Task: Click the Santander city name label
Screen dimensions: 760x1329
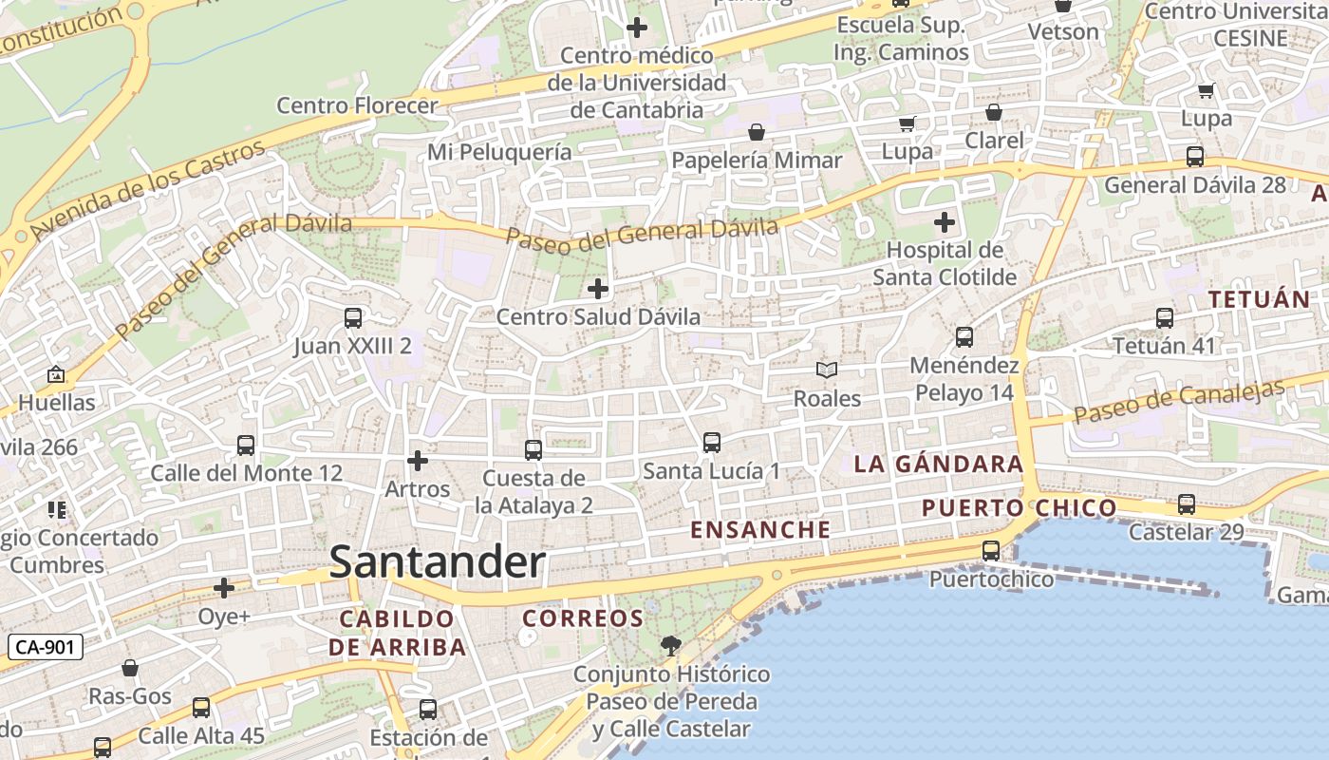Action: tap(438, 562)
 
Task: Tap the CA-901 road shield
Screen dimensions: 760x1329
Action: tap(47, 648)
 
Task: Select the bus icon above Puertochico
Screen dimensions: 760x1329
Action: tap(991, 551)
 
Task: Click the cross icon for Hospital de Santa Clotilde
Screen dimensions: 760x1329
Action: tap(945, 223)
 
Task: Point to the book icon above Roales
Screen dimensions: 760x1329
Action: tap(827, 370)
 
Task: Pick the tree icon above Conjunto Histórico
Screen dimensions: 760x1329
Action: tap(671, 647)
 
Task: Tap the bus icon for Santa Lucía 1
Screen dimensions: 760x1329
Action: tap(712, 443)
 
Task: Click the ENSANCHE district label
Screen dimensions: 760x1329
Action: tap(761, 529)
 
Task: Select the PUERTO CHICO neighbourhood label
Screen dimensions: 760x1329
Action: tap(1020, 508)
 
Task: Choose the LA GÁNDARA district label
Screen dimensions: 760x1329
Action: tap(938, 465)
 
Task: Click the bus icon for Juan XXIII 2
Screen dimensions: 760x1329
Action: tap(353, 318)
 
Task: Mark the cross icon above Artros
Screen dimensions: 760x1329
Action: tap(417, 462)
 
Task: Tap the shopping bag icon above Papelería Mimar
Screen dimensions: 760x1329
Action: tap(757, 132)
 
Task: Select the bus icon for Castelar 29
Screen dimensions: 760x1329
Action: tap(1187, 504)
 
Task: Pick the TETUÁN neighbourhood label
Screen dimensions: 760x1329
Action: tap(1259, 299)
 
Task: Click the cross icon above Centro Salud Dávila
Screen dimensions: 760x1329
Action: tap(598, 288)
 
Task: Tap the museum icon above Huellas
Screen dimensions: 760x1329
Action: tap(56, 375)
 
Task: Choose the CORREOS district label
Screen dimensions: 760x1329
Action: tap(583, 618)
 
